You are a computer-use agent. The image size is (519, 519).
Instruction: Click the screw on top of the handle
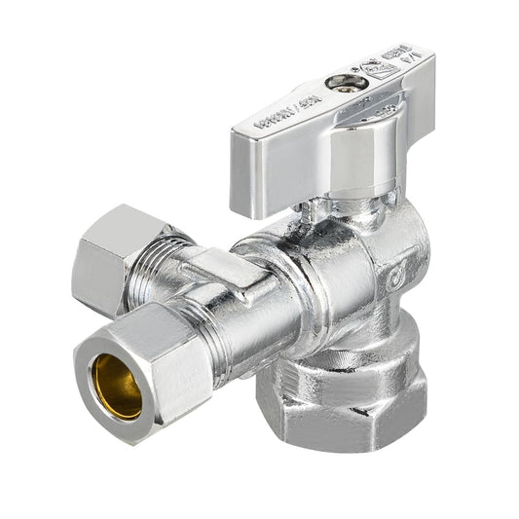(343, 84)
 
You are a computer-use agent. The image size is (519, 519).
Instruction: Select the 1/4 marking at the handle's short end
(407, 62)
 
